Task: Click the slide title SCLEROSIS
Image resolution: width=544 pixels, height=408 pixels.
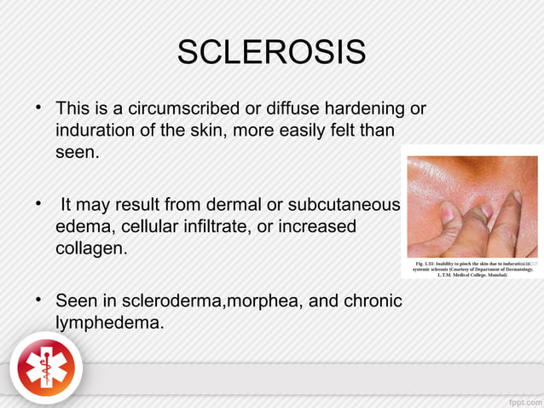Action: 271,54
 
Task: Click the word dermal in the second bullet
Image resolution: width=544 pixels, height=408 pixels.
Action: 225,206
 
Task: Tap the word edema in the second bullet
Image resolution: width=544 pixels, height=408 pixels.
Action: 84,228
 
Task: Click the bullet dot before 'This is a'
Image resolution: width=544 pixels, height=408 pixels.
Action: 38,109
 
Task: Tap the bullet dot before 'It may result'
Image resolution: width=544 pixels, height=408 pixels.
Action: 38,206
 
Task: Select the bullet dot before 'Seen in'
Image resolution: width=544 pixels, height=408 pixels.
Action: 38,301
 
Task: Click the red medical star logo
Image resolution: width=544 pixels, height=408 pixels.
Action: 46,369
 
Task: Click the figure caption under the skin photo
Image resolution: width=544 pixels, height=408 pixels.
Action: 472,269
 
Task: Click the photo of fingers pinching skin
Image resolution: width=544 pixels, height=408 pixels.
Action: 472,207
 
